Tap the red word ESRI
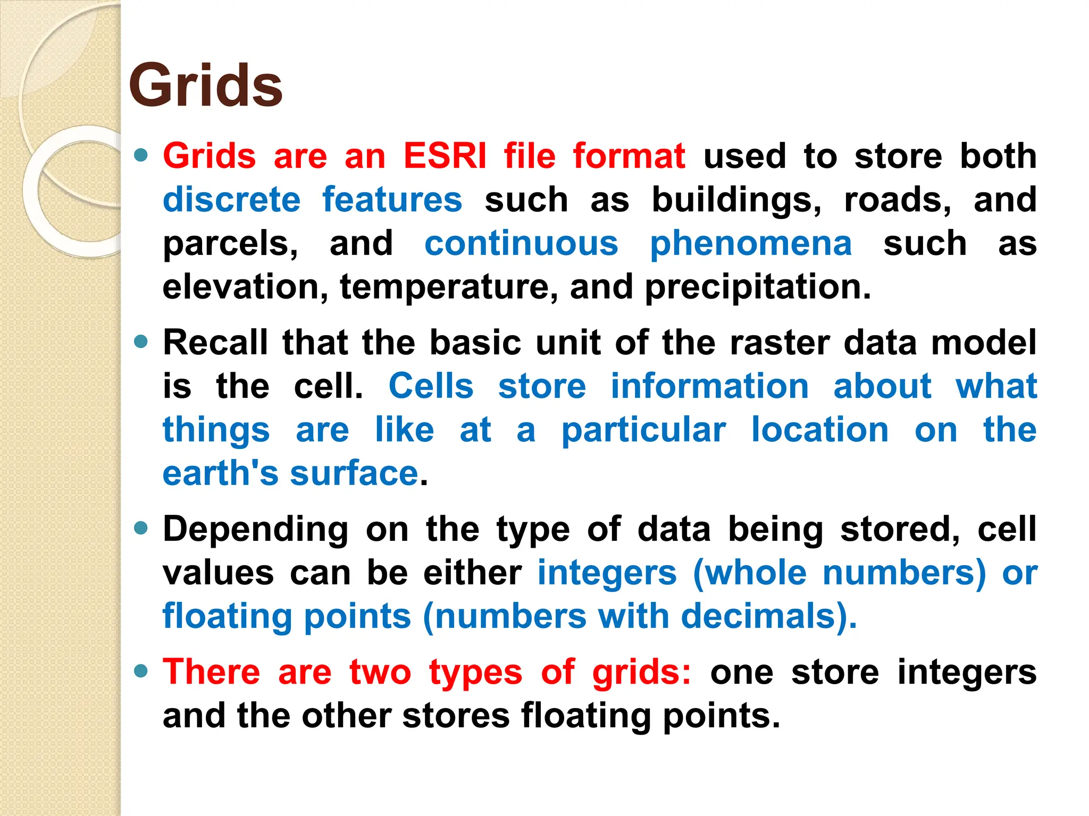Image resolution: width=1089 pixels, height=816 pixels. (x=445, y=156)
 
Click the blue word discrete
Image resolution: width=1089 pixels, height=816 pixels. (x=231, y=200)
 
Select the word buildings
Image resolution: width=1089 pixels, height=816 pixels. (x=737, y=201)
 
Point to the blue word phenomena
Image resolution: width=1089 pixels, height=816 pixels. (x=751, y=244)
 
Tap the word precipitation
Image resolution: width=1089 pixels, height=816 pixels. (x=758, y=288)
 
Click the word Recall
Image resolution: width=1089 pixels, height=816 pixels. (x=215, y=342)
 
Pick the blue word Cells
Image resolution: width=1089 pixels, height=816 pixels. (x=431, y=386)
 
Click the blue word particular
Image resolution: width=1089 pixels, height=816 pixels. (x=643, y=430)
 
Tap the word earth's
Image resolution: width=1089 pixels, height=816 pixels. (x=220, y=473)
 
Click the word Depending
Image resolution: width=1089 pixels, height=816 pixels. (x=256, y=530)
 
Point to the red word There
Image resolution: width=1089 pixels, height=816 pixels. (x=211, y=671)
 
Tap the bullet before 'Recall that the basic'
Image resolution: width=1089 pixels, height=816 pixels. (x=141, y=342)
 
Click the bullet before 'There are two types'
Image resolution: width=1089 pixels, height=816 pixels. (x=141, y=671)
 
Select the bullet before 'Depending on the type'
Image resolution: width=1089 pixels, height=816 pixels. (x=141, y=528)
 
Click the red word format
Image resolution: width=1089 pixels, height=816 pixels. (x=629, y=156)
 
